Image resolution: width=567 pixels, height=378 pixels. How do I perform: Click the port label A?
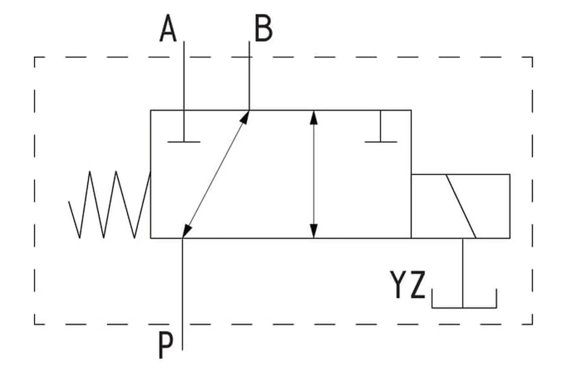(168, 29)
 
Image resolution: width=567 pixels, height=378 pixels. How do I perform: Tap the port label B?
(263, 29)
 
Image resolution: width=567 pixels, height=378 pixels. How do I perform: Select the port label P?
(166, 345)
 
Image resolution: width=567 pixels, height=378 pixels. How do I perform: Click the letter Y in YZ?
(400, 284)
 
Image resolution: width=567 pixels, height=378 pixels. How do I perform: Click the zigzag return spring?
(110, 205)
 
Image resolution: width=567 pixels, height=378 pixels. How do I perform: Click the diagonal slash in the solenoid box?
(461, 206)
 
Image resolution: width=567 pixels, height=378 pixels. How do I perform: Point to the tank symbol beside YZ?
(464, 307)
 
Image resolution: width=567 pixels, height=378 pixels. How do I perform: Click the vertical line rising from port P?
(182, 294)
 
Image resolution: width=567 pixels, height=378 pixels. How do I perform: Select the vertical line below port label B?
(249, 76)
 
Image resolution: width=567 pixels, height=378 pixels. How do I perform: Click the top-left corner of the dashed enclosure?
(35, 57)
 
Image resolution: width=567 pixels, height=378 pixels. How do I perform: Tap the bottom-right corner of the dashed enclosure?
(532, 324)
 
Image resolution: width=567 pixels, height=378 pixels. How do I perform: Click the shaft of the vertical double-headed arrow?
(314, 174)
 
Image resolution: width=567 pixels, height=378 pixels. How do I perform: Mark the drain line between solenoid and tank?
(463, 273)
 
